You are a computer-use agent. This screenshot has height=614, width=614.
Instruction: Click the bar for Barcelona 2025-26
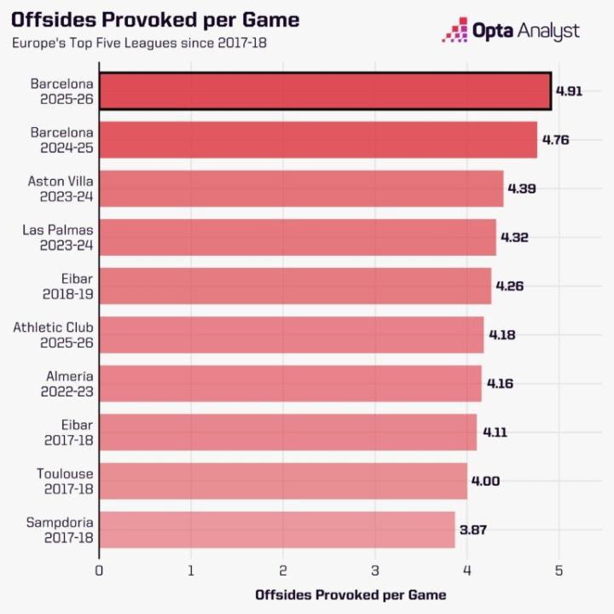click(x=325, y=91)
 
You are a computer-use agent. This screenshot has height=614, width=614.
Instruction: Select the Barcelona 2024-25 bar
click(x=318, y=140)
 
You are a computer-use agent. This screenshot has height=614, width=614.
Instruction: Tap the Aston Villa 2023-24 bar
click(x=301, y=188)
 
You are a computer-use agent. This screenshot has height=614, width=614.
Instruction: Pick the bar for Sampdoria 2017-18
click(x=277, y=530)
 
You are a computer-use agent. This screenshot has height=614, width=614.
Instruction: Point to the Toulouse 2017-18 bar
click(x=283, y=481)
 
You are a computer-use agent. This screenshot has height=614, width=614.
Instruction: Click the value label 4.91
click(x=569, y=91)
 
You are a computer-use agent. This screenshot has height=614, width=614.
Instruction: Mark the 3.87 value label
click(x=473, y=530)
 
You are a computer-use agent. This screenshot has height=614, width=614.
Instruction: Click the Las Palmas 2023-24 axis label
click(x=61, y=237)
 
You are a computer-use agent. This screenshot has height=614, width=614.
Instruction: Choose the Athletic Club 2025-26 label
click(x=54, y=334)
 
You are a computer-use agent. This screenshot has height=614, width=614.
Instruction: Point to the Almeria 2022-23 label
click(x=65, y=383)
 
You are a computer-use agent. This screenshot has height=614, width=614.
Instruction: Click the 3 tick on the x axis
click(x=375, y=570)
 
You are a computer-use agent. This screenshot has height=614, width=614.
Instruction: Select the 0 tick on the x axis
click(x=100, y=570)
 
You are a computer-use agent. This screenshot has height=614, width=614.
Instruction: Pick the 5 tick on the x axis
click(x=559, y=570)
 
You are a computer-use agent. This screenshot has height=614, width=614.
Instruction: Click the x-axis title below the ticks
click(x=350, y=594)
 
